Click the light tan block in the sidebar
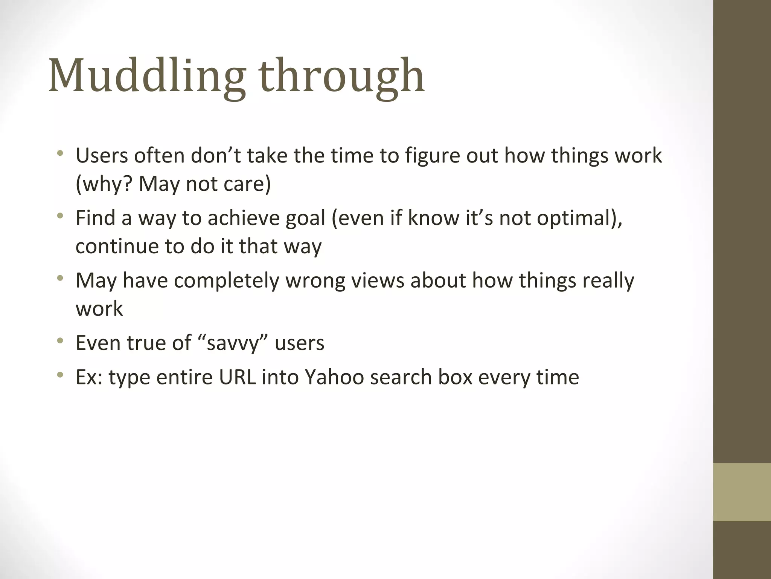pos(742,492)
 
